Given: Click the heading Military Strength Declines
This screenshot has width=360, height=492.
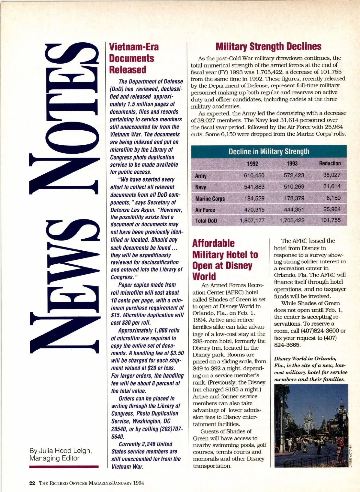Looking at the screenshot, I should point(268,47).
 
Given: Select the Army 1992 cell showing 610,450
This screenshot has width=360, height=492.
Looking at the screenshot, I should point(254,175).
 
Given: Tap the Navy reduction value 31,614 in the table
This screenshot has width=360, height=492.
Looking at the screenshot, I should point(332,186).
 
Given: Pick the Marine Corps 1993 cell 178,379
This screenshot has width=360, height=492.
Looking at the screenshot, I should point(294,198).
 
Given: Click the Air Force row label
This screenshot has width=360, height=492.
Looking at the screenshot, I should point(205,210).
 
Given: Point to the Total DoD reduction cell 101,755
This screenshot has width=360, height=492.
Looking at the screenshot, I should point(331,220).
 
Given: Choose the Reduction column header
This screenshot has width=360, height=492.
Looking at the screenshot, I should point(330,163).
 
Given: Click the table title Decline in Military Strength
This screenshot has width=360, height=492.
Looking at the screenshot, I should point(269,151).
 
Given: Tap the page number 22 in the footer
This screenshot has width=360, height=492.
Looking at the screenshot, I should point(32,483).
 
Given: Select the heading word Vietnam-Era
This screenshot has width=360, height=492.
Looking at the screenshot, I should point(134,47).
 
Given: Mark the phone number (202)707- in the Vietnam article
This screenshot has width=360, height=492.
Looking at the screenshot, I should point(168,429).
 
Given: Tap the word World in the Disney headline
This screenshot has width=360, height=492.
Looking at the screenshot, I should point(204,276).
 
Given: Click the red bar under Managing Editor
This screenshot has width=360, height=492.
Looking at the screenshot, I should point(64,467).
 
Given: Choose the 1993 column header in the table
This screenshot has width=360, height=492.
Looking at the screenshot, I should point(292,163).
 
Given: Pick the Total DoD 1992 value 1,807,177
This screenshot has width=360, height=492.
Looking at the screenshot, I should point(252,220).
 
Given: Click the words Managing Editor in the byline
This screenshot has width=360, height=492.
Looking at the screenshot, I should point(54,458).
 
